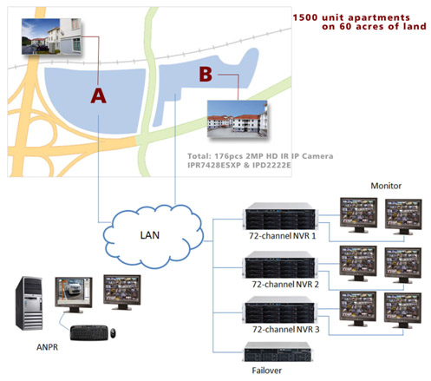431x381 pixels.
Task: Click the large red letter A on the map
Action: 98,95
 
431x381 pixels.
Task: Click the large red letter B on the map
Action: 206,75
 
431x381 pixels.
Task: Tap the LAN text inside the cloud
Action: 150,235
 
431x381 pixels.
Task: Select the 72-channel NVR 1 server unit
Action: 280,217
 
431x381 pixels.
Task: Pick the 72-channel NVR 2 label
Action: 285,285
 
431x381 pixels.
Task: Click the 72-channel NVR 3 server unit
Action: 279,311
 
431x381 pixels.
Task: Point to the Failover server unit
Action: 278,351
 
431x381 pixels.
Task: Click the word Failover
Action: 266,371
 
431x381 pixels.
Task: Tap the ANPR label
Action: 47,347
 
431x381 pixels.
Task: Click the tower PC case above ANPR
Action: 29,304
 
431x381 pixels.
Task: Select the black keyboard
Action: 89,333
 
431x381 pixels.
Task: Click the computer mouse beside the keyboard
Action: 113,333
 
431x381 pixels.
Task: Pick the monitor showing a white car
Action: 74,294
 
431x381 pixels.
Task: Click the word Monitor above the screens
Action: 386,186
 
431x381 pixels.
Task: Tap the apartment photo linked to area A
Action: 51,36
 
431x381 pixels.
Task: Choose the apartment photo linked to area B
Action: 238,119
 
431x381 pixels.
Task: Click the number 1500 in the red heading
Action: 305,17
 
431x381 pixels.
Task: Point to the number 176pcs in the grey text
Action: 229,156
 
